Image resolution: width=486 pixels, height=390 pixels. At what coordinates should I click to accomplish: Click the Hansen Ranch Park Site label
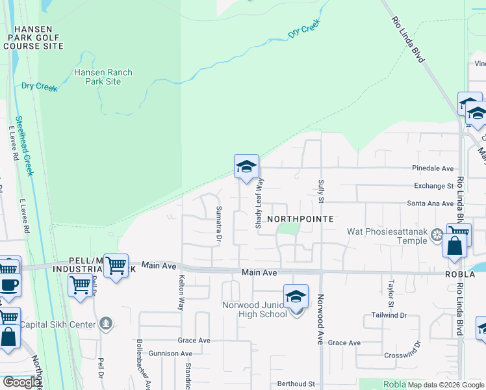103,77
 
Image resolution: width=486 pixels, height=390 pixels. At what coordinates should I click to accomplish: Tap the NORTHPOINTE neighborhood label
300,219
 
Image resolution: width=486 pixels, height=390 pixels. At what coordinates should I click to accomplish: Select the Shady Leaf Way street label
259,203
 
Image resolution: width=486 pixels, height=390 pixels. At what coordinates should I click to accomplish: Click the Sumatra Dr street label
218,223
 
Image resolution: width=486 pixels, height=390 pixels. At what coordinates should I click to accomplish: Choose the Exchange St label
433,186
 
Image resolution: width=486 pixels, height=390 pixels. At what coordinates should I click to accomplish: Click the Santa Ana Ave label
430,203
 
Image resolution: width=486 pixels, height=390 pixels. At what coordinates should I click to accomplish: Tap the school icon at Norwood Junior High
296,298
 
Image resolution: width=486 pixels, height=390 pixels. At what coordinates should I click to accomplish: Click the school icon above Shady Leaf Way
246,167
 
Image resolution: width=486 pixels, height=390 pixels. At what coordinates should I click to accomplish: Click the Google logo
21,382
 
